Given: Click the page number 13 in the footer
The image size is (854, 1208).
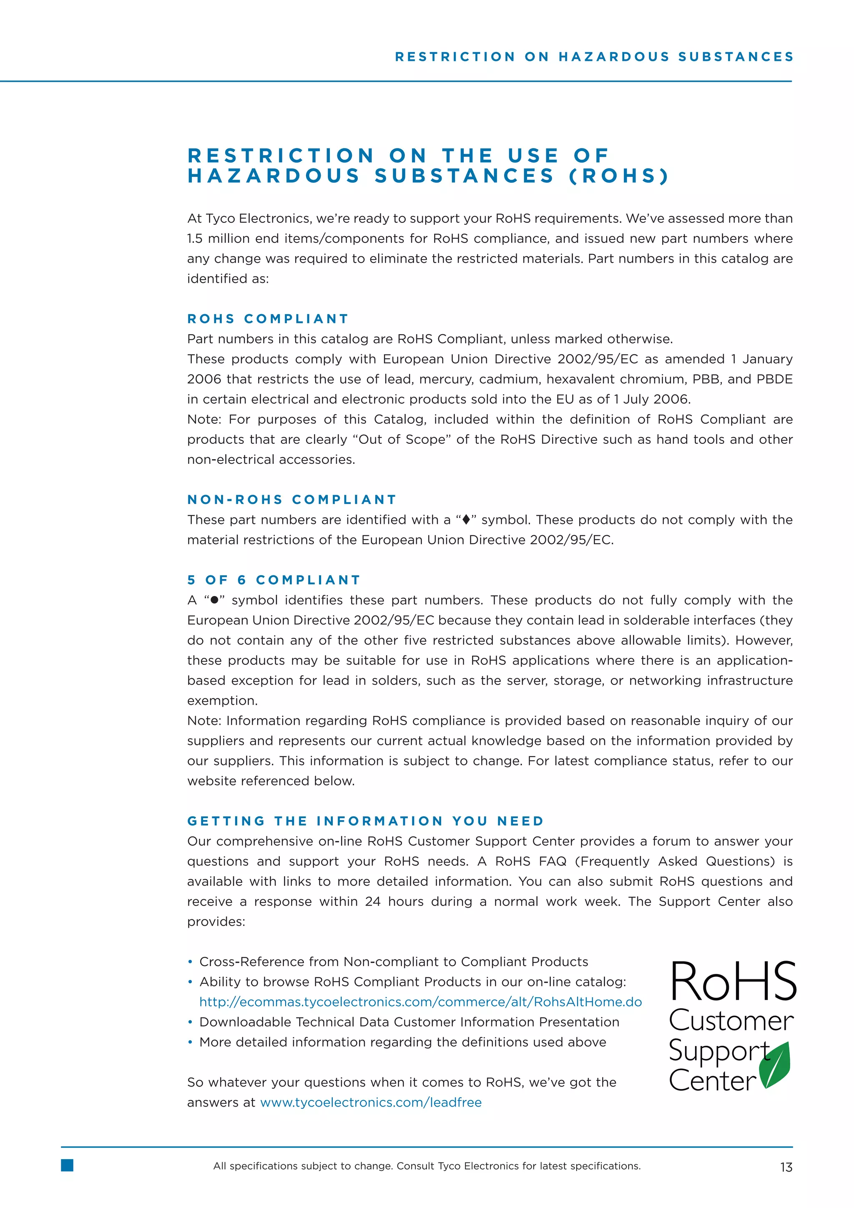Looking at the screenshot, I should pos(786,1167).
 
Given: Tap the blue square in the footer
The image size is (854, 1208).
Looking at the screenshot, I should pos(67,1165).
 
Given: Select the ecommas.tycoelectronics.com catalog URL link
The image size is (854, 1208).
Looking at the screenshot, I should pos(420,1002).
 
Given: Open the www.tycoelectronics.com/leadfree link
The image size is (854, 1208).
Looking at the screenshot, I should pos(371,1102).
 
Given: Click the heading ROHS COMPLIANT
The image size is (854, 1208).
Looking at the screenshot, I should pos(268,319).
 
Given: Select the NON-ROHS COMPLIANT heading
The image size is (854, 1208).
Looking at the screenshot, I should pos(292,499).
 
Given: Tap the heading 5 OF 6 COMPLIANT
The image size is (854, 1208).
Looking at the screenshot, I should pos(274,580).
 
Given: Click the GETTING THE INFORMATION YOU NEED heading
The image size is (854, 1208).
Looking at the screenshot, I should pos(365,821).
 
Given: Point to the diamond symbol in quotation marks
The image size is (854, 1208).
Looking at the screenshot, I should pos(465,520).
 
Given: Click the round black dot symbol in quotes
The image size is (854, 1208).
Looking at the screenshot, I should pos(214,600).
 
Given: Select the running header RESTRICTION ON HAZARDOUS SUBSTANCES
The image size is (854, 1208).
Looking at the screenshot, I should pos(594,57).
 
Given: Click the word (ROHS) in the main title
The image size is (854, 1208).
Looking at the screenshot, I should pos(618,176).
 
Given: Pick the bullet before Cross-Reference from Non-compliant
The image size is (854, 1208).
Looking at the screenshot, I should pos(191,962).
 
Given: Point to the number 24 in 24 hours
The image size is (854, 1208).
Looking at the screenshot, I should pos(372,901).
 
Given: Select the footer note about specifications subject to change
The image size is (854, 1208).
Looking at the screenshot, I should pos(427,1166).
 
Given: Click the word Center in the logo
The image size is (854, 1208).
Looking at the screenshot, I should pos(712,1081).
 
